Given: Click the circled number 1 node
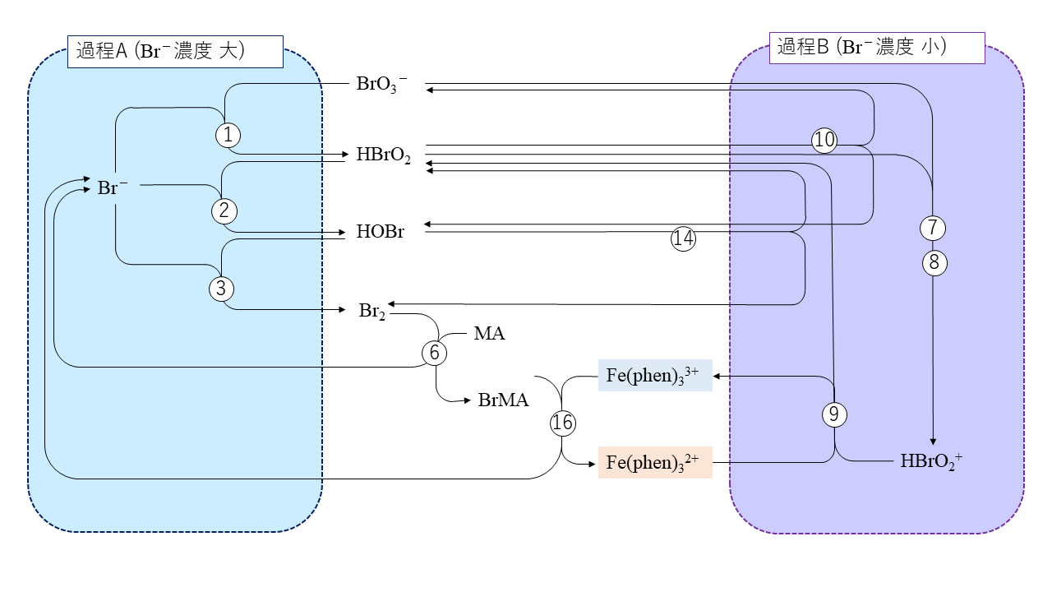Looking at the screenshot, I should point(228,134).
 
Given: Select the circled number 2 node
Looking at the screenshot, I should point(224,210).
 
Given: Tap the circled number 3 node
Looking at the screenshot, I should point(221,289).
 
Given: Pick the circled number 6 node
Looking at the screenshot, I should point(435,353).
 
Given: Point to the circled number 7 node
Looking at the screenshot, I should point(933,228).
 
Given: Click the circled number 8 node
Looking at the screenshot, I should point(934,263).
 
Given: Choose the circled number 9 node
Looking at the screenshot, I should point(834,415).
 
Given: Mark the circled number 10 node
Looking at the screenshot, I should point(824,141).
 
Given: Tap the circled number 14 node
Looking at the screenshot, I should point(684,238).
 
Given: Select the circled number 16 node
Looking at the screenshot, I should point(562,423).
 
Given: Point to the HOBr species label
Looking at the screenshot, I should point(381,231).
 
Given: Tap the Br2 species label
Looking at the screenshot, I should point(371,311).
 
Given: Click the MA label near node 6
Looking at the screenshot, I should point(489,334).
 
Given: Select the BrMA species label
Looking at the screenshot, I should point(503,400).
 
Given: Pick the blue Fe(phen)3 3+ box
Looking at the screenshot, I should point(655,375).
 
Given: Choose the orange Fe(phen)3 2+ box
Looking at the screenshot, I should point(655,462).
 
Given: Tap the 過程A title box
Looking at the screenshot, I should point(175,51).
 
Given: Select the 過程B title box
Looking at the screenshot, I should point(876,48).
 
